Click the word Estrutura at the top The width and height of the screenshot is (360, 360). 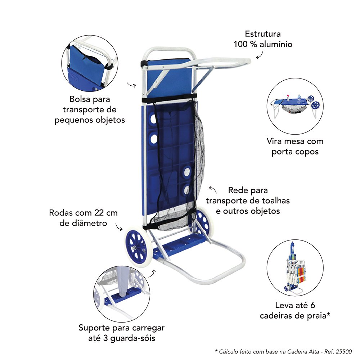(x=263, y=34)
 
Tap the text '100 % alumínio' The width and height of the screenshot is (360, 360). (x=263, y=44)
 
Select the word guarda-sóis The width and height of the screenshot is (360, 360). (x=133, y=338)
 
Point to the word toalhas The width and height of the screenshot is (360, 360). (x=276, y=201)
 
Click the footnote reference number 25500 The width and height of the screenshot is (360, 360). (x=344, y=351)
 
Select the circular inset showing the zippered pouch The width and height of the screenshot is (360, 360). (x=90, y=63)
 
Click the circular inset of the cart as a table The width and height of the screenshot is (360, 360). (x=295, y=106)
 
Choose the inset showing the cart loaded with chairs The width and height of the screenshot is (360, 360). (x=295, y=268)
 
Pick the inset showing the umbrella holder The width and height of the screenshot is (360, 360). (x=122, y=294)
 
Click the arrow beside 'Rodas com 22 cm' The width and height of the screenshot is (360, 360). (x=119, y=227)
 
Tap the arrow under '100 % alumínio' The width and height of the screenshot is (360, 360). (x=260, y=55)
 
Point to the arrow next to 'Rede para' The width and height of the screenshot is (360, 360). (x=213, y=189)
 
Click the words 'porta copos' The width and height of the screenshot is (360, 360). (x=295, y=152)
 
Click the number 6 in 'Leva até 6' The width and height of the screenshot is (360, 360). (x=312, y=305)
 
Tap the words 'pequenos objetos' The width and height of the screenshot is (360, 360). (x=90, y=120)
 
